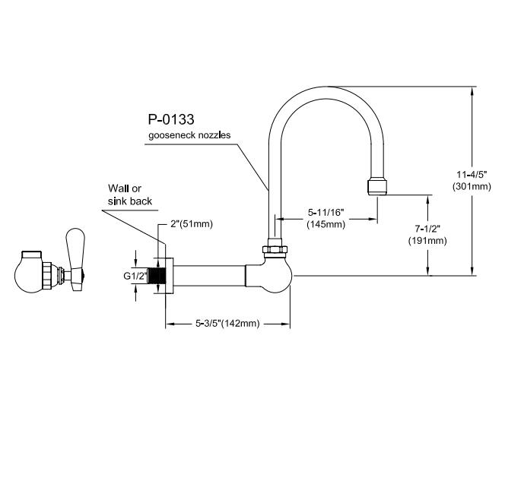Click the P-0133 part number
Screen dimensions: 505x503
tap(171, 119)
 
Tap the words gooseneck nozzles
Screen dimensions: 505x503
tap(189, 134)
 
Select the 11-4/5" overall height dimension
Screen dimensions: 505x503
tap(472, 175)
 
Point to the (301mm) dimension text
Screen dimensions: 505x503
tap(472, 186)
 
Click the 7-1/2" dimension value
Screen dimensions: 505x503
tap(427, 229)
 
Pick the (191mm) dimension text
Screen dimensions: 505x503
tap(427, 240)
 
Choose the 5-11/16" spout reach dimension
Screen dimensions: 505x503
tap(326, 213)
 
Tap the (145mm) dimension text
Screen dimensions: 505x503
tap(326, 224)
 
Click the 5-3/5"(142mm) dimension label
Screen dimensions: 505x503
tap(227, 323)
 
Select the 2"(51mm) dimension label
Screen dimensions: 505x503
tap(192, 223)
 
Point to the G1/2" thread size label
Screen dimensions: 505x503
tap(135, 276)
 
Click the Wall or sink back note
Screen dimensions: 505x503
tap(130, 195)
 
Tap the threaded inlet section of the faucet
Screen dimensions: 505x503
tap(157, 276)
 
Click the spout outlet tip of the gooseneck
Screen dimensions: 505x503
tap(377, 188)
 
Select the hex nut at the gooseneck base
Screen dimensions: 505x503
tap(275, 249)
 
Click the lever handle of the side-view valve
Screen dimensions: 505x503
tap(76, 259)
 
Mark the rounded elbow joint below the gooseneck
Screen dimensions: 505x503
tap(272, 274)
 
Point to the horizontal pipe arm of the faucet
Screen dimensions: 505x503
tap(210, 276)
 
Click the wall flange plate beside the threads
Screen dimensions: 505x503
tap(170, 276)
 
